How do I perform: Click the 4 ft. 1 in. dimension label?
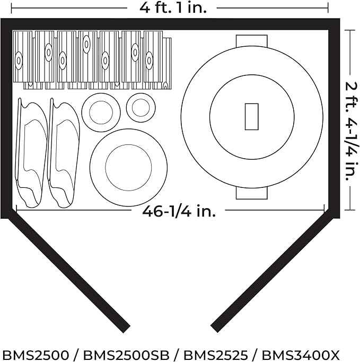[173, 8]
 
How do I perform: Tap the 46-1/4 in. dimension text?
[179, 211]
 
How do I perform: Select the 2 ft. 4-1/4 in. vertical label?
[352, 132]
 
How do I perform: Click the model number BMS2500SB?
[126, 355]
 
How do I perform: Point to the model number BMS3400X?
[301, 355]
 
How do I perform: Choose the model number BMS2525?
[216, 355]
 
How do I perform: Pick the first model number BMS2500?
[36, 355]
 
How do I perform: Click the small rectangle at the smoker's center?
[252, 117]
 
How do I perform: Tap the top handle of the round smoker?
[252, 41]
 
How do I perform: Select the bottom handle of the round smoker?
[252, 193]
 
